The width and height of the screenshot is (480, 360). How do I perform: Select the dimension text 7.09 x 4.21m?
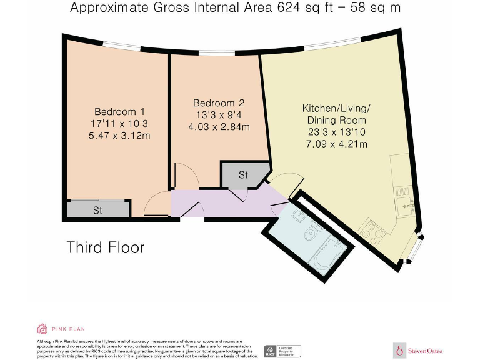336,144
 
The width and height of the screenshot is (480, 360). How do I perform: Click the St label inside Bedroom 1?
97,211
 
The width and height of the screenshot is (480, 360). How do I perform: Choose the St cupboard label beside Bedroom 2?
243,175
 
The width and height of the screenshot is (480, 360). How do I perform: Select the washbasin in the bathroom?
297,216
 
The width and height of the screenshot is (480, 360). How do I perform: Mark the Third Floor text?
106,247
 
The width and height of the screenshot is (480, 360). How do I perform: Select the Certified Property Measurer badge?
282,351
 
